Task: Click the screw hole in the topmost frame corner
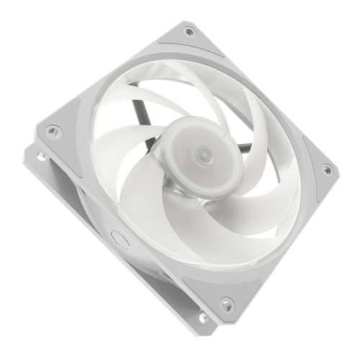189,31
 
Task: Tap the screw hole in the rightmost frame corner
327,170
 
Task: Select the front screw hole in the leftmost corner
51,131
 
